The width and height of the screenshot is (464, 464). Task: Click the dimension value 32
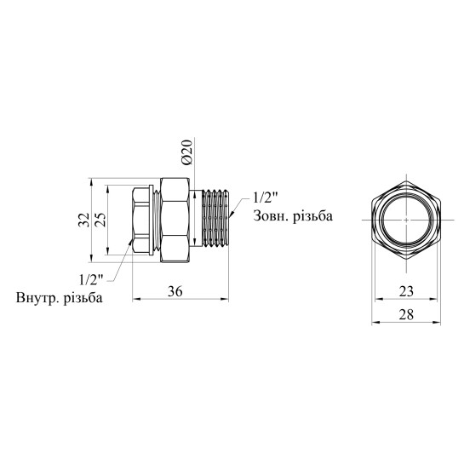[83, 220]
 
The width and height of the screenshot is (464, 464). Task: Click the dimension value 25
[101, 220]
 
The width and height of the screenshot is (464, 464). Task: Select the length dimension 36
[175, 292]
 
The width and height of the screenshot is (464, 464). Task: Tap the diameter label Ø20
[187, 152]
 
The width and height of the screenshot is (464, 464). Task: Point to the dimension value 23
[406, 291]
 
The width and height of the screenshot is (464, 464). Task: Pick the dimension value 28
[406, 314]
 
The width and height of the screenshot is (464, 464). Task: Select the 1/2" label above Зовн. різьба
[266, 198]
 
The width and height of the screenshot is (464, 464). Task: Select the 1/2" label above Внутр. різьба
[91, 279]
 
